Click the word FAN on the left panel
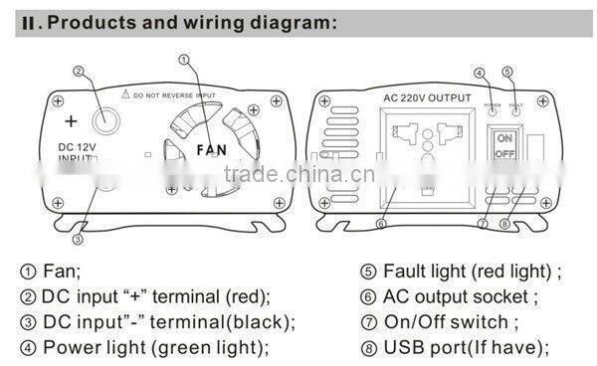(x=211, y=150)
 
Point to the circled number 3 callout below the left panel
(x=77, y=238)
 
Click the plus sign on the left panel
(x=71, y=121)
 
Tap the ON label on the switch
(x=504, y=138)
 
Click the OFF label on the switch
(x=504, y=154)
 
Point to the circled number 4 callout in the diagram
(x=479, y=72)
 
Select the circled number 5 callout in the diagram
(x=507, y=72)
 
